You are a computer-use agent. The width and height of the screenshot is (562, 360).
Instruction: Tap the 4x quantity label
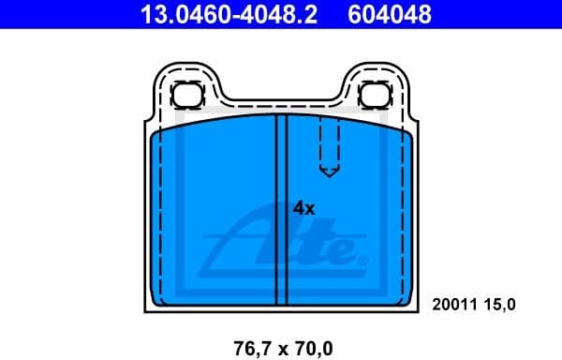click(x=303, y=207)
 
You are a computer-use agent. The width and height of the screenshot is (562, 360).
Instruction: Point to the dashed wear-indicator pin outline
click(x=329, y=145)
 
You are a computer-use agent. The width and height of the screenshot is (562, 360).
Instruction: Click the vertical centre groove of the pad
click(x=280, y=211)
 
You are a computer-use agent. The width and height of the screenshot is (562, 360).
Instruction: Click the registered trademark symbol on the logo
click(x=364, y=259)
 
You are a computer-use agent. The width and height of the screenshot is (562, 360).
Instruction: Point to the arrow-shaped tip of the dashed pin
click(x=329, y=172)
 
